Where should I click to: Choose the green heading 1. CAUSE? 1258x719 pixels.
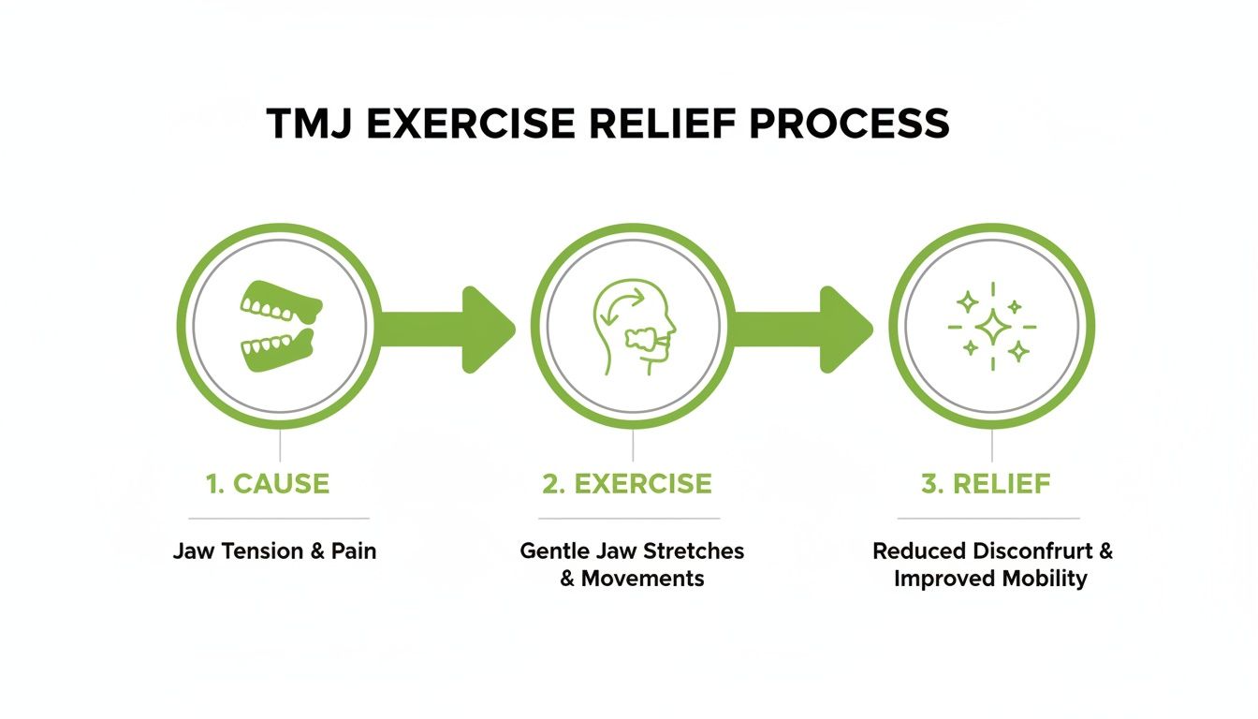coord(268,484)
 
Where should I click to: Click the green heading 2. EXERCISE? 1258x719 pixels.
coord(627,484)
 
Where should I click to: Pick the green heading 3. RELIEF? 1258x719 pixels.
coord(987,484)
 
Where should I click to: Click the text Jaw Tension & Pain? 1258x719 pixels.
coord(274,550)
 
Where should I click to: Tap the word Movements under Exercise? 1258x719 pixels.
coord(643,579)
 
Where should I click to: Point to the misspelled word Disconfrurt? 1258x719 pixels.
coord(1035,550)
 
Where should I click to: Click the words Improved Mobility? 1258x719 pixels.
coord(990,579)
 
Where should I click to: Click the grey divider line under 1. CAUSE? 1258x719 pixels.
coord(278,518)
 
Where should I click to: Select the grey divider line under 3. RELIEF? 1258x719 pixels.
coord(988,518)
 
